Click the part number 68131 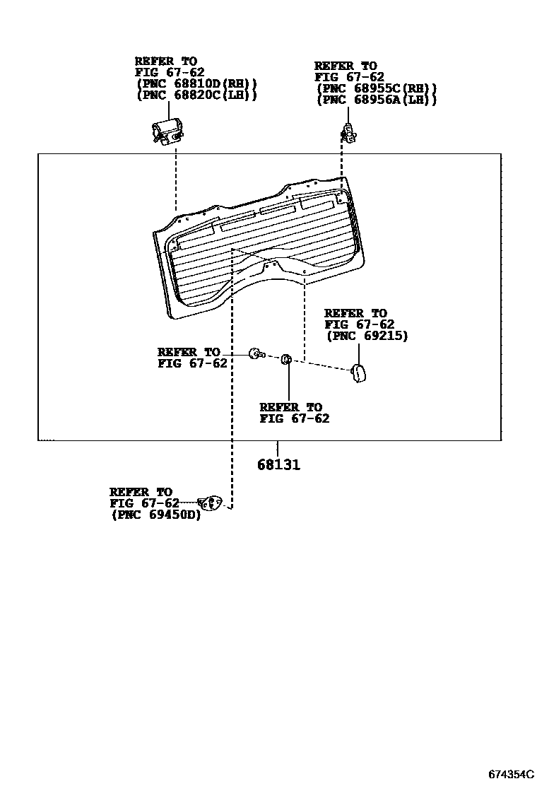pos(278,464)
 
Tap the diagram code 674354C pos(512,775)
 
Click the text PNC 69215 pos(367,335)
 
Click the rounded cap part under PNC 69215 pos(358,373)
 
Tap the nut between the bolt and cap pos(287,359)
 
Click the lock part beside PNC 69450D pos(209,503)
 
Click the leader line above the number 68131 pos(278,449)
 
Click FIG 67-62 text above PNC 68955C pos(349,77)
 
